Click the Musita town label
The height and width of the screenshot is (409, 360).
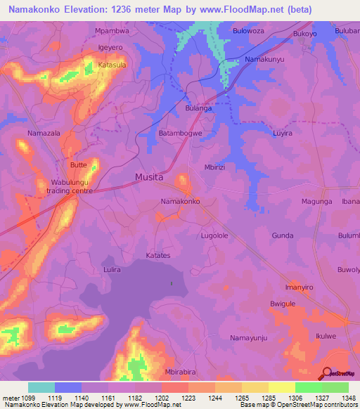(149, 176)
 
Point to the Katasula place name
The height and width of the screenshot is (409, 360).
(112, 65)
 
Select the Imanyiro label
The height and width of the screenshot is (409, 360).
(298, 287)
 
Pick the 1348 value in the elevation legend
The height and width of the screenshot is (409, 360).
(340, 397)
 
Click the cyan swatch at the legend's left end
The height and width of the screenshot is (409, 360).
(41, 387)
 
